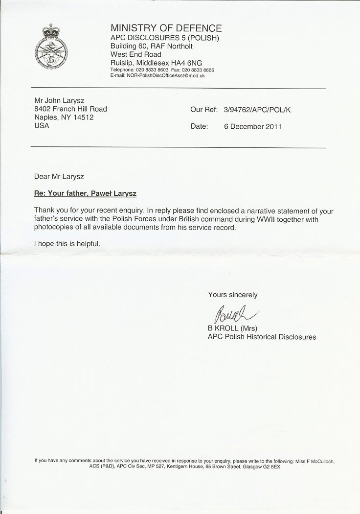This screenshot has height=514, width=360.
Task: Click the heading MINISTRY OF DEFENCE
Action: [166, 28]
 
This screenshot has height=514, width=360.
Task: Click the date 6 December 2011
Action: [253, 127]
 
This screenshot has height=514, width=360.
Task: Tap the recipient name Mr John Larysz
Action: [59, 101]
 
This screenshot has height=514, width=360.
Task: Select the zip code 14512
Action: [82, 117]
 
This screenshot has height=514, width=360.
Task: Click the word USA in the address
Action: [42, 126]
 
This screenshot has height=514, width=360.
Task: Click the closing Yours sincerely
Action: [232, 295]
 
